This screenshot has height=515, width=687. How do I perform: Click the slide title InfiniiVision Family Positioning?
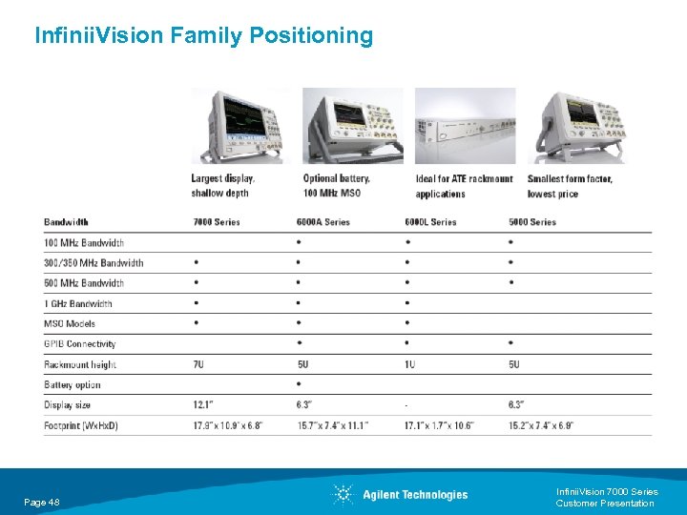tap(203, 36)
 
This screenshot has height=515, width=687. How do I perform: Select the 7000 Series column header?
tap(217, 222)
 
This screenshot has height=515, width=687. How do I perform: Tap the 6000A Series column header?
tap(323, 222)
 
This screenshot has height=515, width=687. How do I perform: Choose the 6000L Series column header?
tap(430, 222)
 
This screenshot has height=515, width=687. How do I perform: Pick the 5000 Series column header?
tap(532, 222)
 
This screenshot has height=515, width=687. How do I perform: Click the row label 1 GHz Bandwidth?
tap(78, 303)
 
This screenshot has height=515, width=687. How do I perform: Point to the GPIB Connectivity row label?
tap(79, 344)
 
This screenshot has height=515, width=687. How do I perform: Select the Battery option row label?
tap(73, 385)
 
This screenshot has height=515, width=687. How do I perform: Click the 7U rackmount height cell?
tap(198, 364)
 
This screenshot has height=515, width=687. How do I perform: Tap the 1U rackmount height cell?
tap(409, 364)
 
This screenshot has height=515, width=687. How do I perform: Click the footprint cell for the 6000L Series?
tap(439, 425)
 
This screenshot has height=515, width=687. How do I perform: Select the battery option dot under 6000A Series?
tap(299, 384)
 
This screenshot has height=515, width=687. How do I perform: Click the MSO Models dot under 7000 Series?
tap(196, 323)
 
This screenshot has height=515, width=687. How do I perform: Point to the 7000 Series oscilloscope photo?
tap(239, 126)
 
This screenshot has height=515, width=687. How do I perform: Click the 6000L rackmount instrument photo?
tap(465, 126)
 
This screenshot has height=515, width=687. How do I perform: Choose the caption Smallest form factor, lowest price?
tap(570, 186)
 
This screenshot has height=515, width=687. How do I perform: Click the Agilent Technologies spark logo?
tap(343, 494)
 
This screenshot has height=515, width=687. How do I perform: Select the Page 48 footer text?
tap(42, 502)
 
